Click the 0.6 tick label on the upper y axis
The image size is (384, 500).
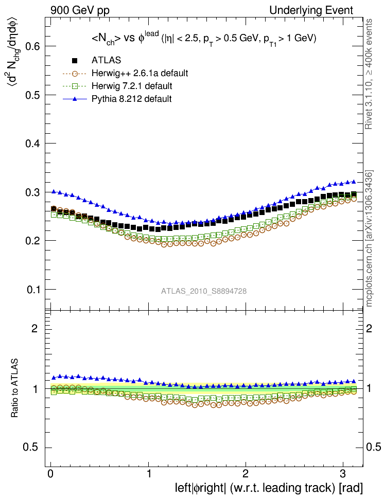(x=33, y=46)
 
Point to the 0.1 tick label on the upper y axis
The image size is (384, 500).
(x=33, y=289)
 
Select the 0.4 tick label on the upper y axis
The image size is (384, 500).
(x=33, y=144)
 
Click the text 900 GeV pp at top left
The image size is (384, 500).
(x=80, y=10)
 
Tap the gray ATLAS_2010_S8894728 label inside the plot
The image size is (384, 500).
(x=204, y=291)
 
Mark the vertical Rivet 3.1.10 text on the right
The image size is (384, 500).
(x=369, y=80)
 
